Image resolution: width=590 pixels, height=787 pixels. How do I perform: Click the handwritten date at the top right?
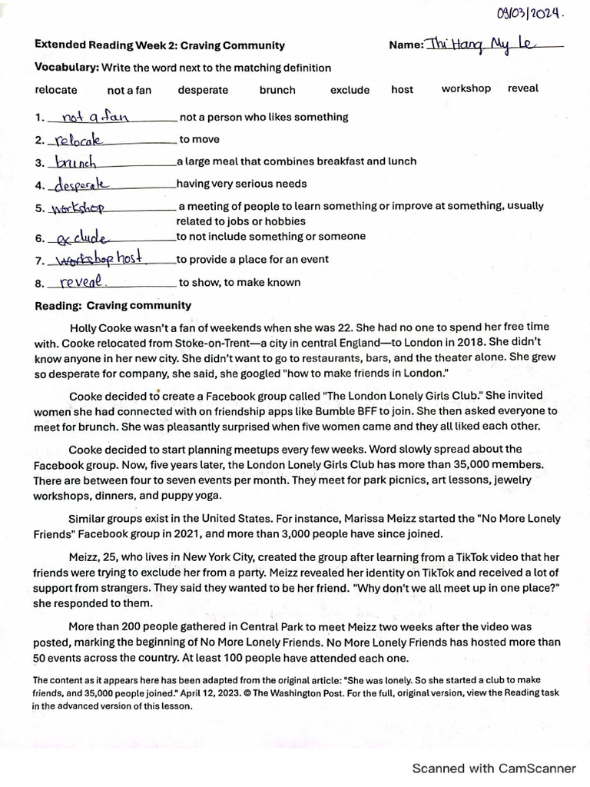click(x=531, y=13)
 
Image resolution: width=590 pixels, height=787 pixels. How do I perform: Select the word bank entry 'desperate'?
click(x=203, y=90)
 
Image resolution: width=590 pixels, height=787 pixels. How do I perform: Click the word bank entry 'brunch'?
click(x=277, y=90)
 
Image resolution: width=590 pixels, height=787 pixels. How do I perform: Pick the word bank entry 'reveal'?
click(x=523, y=88)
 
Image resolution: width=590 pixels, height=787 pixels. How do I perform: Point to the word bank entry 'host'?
click(x=402, y=89)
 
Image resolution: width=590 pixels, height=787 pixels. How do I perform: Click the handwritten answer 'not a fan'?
click(x=94, y=117)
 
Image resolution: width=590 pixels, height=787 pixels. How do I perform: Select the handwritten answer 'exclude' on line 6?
click(x=82, y=237)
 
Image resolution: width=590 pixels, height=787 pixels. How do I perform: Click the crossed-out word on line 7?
click(x=85, y=260)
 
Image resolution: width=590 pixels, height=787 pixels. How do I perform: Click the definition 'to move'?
click(x=199, y=140)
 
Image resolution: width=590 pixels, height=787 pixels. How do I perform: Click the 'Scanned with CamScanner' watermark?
click(x=494, y=768)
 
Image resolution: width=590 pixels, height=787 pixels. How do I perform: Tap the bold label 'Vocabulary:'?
click(x=67, y=68)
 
